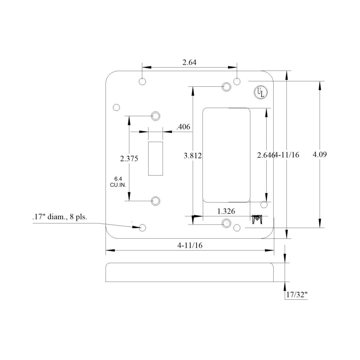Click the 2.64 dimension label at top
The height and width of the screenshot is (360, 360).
pyautogui.click(x=189, y=62)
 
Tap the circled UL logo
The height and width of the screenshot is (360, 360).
pyautogui.click(x=261, y=92)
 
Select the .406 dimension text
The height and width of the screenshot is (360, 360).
pyautogui.click(x=183, y=127)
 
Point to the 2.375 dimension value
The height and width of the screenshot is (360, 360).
pyautogui.click(x=129, y=159)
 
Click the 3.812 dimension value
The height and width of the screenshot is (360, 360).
pyautogui.click(x=193, y=155)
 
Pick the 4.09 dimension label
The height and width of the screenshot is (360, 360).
pyautogui.click(x=319, y=154)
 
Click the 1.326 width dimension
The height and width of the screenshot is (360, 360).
pyautogui.click(x=226, y=211)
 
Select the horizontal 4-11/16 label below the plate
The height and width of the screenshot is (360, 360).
pyautogui.click(x=190, y=245)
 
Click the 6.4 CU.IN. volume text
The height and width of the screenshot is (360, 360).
pyautogui.click(x=118, y=182)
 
